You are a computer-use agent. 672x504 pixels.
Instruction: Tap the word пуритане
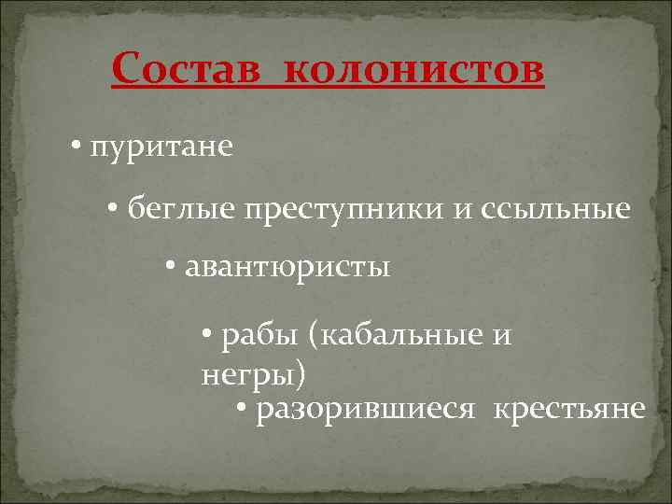[x=162, y=147]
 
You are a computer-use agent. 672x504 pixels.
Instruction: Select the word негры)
[x=252, y=373]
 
